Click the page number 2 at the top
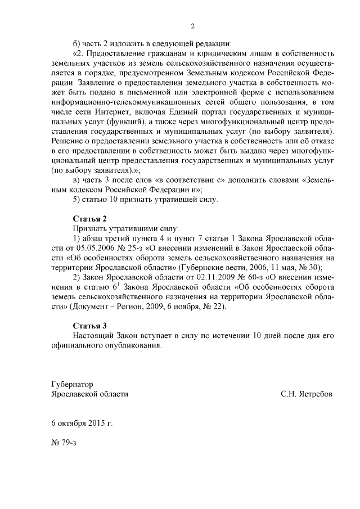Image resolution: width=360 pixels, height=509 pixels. point(192,26)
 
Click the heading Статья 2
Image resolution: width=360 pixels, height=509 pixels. point(89,219)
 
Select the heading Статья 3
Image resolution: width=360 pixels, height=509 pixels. point(89,326)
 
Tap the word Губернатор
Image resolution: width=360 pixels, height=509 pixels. point(72,384)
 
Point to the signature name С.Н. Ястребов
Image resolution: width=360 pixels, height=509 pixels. point(307,394)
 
